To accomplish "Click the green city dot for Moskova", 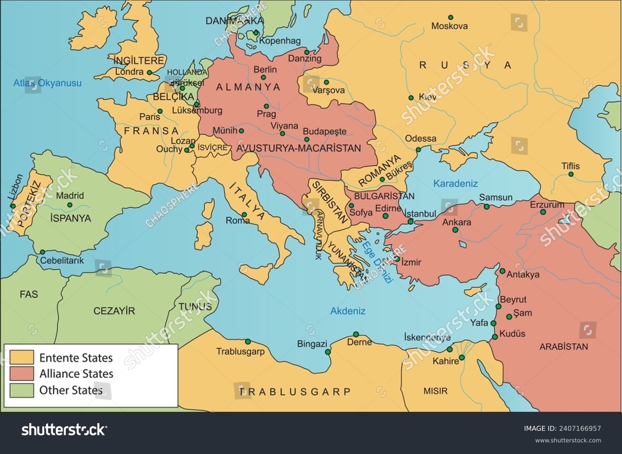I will tap(450, 17).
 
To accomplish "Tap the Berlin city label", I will tap(265, 69).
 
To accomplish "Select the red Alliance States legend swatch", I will tap(22, 373).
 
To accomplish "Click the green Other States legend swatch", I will tap(22, 390).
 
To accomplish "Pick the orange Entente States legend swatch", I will tap(22, 357).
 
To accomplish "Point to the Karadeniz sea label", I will tap(455, 183).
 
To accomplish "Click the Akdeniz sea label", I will tap(347, 311).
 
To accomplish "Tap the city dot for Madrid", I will tap(70, 205).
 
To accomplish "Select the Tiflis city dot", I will tap(571, 174).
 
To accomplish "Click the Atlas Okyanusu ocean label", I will tap(47, 83).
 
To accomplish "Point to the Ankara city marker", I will tap(455, 230).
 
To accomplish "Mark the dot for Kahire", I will tap(462, 357).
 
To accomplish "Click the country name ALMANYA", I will tap(248, 87).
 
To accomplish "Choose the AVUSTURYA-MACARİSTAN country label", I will tap(298, 148).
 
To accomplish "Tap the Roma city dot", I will tap(245, 215).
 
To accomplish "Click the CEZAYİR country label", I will tap(114, 311).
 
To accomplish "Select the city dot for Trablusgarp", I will tap(248, 342).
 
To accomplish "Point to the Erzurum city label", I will tap(547, 205).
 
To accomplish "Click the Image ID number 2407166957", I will tap(581, 428).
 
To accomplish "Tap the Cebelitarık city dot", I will tap(42, 252).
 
